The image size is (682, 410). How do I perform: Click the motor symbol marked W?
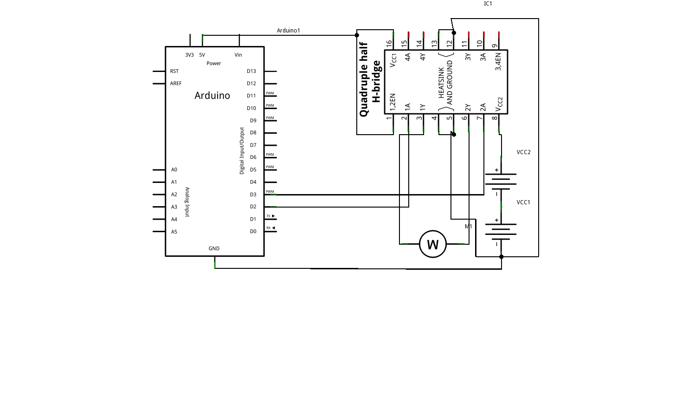[432, 244]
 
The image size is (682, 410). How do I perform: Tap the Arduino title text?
[212, 96]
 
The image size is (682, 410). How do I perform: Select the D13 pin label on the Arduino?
[251, 72]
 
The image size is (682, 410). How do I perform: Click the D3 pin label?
[253, 195]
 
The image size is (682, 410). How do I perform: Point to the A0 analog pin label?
[174, 170]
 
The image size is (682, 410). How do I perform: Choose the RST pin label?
[174, 72]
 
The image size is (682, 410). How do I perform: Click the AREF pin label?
[176, 84]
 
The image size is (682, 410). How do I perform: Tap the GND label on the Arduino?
[214, 248]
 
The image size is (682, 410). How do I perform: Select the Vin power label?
[238, 55]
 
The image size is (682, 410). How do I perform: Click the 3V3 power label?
[189, 55]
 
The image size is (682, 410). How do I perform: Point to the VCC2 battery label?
[523, 152]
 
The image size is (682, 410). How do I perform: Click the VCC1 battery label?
[523, 202]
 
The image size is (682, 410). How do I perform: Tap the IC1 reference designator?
[488, 4]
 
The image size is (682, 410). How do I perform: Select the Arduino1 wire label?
[288, 31]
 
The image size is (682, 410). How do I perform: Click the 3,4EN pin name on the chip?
[498, 62]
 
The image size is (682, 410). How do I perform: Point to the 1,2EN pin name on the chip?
[392, 101]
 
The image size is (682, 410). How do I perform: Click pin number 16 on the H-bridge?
[389, 43]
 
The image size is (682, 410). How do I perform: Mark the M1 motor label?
[468, 227]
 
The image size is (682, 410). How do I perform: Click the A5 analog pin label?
[174, 232]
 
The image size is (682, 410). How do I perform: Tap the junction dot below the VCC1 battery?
[501, 257]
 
